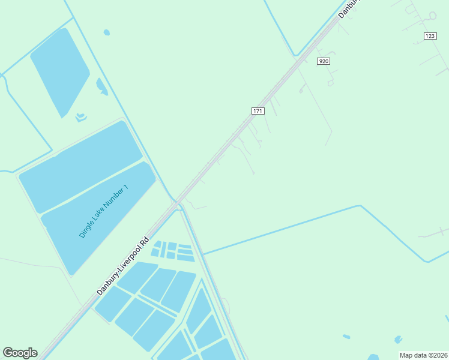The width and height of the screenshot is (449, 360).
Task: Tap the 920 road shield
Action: click(x=324, y=61)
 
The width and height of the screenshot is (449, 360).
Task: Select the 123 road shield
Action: click(x=430, y=36)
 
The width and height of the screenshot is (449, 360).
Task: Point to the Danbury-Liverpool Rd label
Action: click(x=122, y=266)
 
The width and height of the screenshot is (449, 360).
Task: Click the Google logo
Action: click(x=20, y=353)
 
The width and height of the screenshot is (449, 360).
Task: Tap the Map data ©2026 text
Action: click(x=423, y=355)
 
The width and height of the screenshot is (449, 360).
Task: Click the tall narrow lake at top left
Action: click(x=60, y=72)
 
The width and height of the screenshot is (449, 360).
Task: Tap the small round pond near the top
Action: click(x=107, y=32)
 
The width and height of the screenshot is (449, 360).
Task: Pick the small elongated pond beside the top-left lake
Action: click(x=101, y=86)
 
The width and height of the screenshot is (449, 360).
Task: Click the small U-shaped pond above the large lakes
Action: click(x=80, y=116)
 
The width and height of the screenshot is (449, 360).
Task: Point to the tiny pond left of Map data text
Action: click(x=346, y=337)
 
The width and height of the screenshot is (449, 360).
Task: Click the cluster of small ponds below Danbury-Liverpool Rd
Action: click(x=173, y=251)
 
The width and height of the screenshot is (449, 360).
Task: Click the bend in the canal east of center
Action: click(x=360, y=206)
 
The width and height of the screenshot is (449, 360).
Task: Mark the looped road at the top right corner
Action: click(x=432, y=15)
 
